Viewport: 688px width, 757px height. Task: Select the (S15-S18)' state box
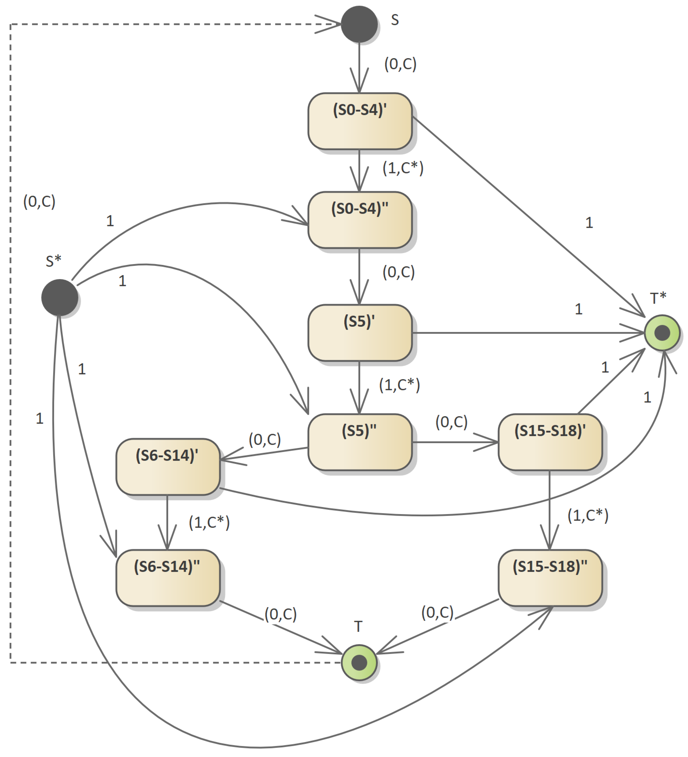pyautogui.click(x=550, y=442)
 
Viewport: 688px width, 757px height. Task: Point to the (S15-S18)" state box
pyautogui.click(x=550, y=578)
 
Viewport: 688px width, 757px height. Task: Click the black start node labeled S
pyautogui.click(x=359, y=24)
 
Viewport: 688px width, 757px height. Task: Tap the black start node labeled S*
pyautogui.click(x=59, y=297)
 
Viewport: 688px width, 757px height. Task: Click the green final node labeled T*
pyautogui.click(x=662, y=333)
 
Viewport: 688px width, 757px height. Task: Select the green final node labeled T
pyautogui.click(x=359, y=663)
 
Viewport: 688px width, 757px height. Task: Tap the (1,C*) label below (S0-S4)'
pyautogui.click(x=403, y=168)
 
